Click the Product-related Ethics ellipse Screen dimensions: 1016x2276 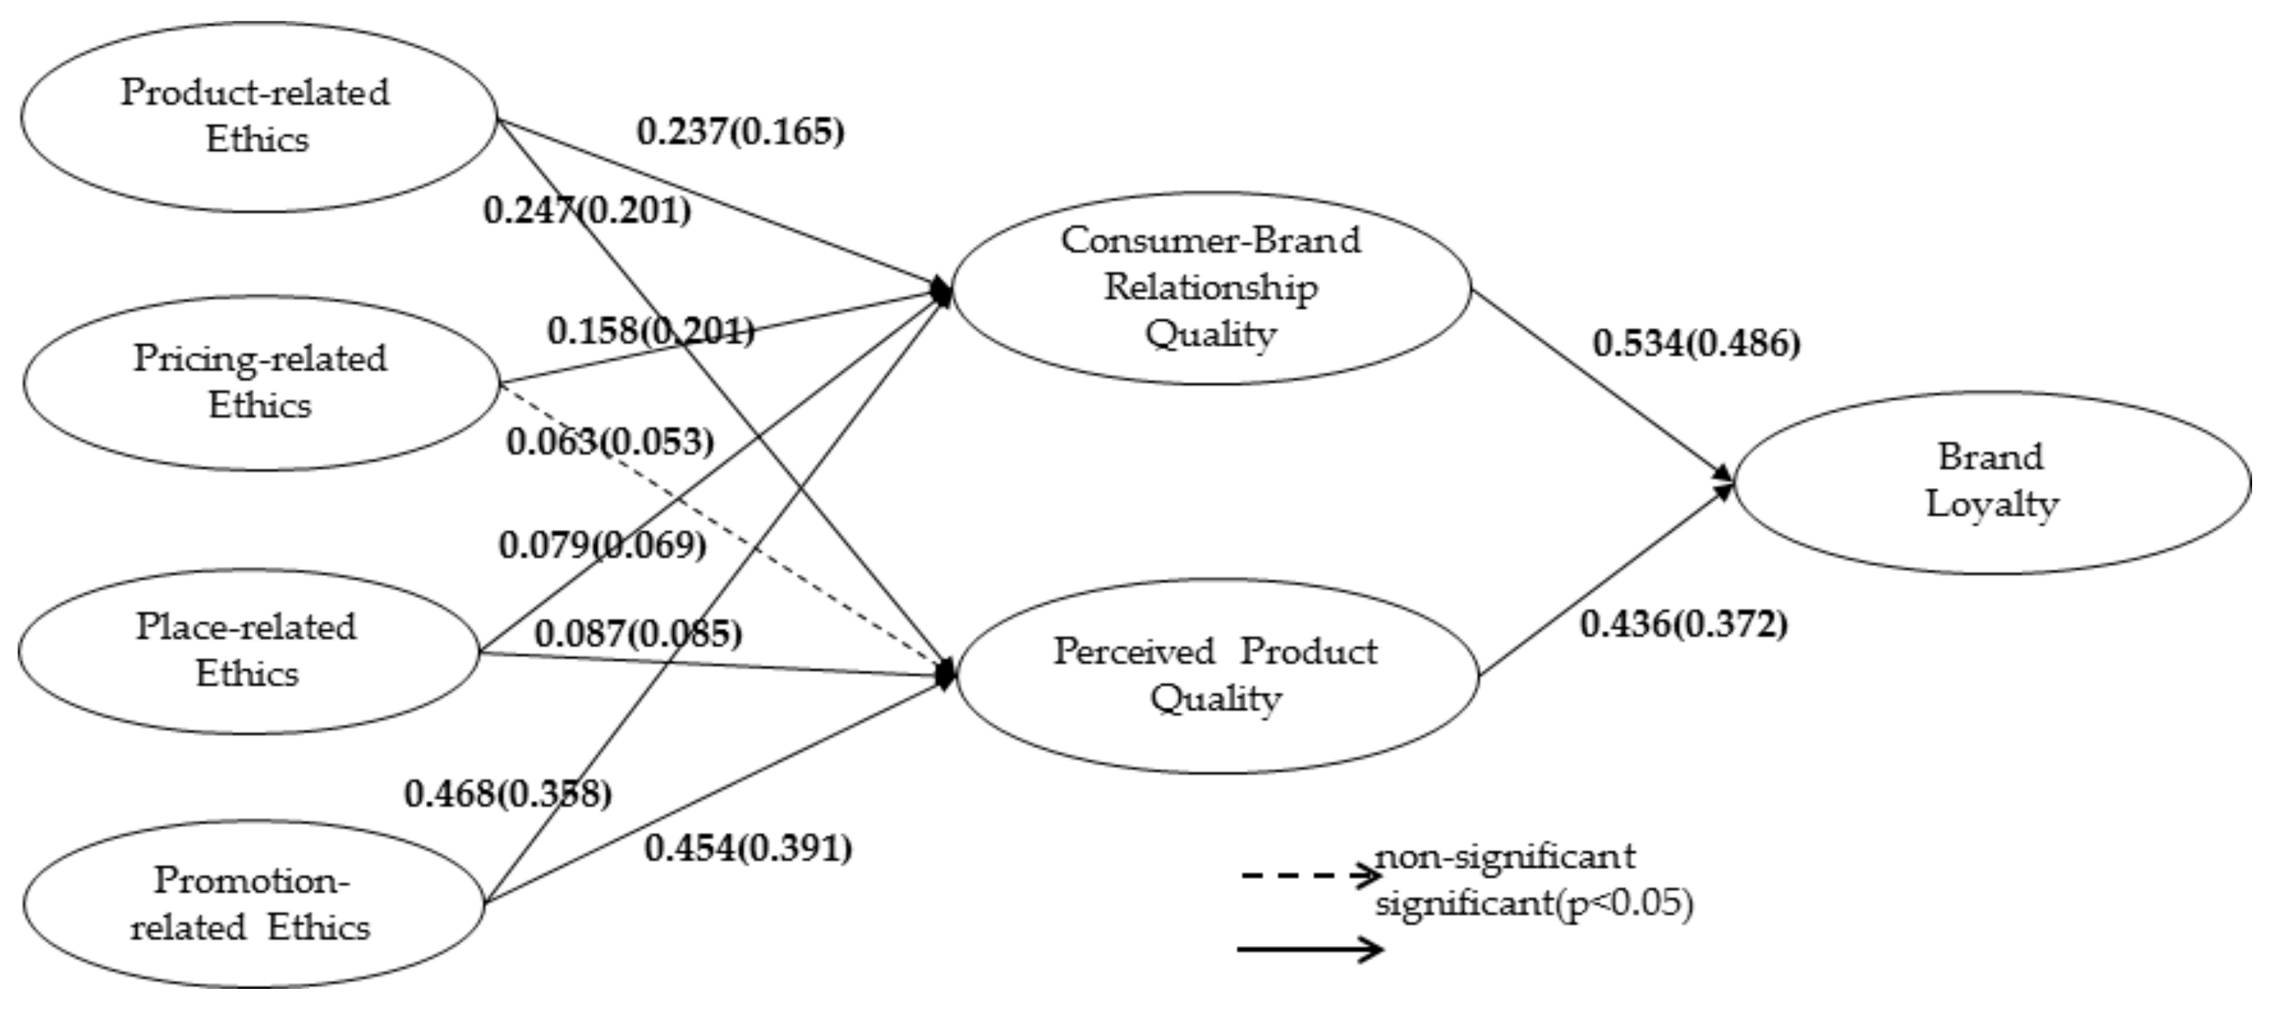pos(258,116)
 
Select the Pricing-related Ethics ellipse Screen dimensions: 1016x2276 pos(260,383)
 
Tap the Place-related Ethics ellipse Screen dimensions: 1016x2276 pos(248,651)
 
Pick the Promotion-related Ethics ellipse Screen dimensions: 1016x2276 pos(253,904)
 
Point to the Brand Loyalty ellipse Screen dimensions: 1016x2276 pos(1992,482)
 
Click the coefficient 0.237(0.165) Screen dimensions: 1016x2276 pos(741,132)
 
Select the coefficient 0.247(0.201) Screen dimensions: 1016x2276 pos(587,210)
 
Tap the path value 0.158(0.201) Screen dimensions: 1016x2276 pos(651,332)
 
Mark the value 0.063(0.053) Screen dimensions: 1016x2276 pos(609,441)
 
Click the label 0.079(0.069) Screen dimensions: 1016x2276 pos(602,545)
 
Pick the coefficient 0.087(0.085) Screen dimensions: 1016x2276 pos(638,633)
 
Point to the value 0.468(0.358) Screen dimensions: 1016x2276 pos(508,794)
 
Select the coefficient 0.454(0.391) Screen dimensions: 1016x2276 pos(748,848)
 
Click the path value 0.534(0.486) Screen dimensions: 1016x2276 pos(1696,344)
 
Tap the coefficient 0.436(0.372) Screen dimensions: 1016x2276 pos(1683,624)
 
